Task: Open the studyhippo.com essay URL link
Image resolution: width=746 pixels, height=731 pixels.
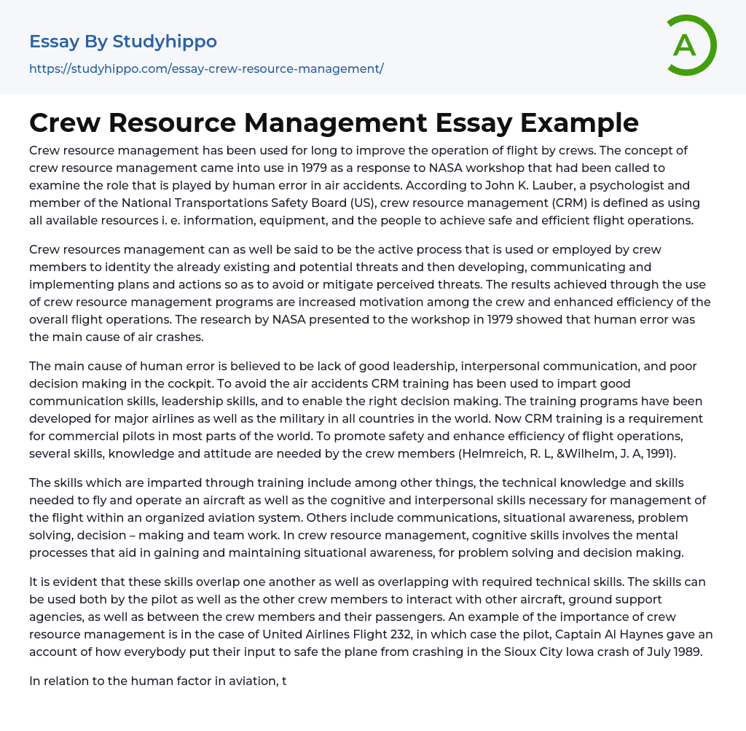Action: pos(206,69)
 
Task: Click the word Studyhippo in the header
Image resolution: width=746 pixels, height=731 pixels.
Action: pos(165,42)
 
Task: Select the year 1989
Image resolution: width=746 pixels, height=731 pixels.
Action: pos(686,652)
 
